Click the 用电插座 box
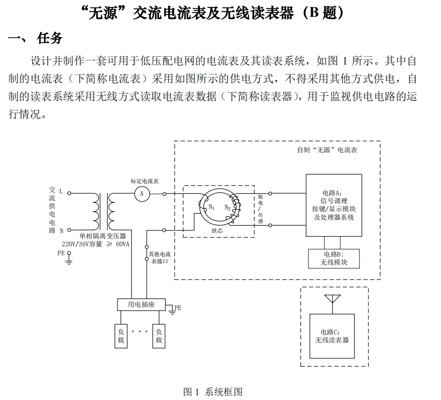pos(141,304)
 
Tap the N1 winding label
pos(212,207)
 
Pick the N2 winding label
pos(228,208)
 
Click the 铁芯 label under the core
pos(217,230)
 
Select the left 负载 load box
pos(121,336)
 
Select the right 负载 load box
pos(159,336)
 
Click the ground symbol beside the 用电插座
pos(172,311)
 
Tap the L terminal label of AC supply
pos(61,192)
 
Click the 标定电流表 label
pos(145,181)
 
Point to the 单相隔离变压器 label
pos(103,236)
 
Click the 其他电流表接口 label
pos(160,258)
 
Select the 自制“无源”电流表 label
pos(327,150)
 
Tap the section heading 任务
pos(50,38)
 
